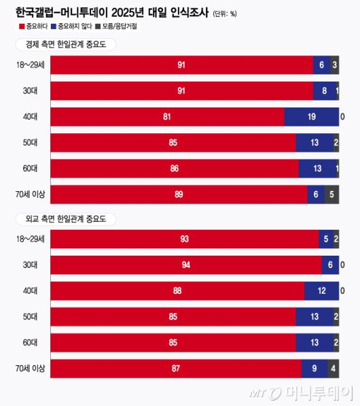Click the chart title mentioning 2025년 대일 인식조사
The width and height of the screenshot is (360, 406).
coord(111,12)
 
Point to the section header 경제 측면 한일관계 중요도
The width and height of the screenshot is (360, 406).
coord(66,45)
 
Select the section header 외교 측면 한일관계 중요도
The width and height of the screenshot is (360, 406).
coord(66,219)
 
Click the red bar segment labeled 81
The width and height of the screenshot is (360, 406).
coord(167,117)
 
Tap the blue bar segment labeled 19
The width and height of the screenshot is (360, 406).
coord(311,117)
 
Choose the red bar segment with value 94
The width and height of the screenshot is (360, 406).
coord(186,265)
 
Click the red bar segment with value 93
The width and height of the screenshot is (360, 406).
coord(185,239)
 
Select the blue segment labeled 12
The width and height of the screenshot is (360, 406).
coord(321,291)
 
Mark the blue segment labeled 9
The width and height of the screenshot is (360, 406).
coord(314,369)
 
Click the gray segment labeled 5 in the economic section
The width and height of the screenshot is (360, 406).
coord(331,194)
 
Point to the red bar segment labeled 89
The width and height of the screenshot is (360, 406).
coord(179,194)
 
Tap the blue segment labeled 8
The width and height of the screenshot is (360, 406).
coord(325,91)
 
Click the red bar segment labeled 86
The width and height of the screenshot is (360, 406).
coord(175,169)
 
